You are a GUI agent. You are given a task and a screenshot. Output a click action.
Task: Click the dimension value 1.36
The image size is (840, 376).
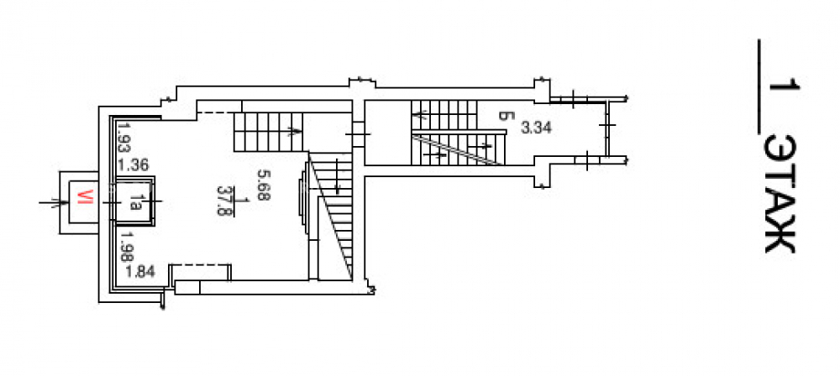pyautogui.click(x=134, y=164)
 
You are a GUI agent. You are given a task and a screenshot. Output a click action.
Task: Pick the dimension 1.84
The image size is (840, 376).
pyautogui.click(x=139, y=272)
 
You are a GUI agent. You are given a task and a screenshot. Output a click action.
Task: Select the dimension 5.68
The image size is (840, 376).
pyautogui.click(x=264, y=185)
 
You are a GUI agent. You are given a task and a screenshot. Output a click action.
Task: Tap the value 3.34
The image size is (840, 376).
pyautogui.click(x=536, y=128)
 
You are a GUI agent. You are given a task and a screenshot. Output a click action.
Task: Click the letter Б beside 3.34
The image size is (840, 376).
pyautogui.click(x=503, y=116)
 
